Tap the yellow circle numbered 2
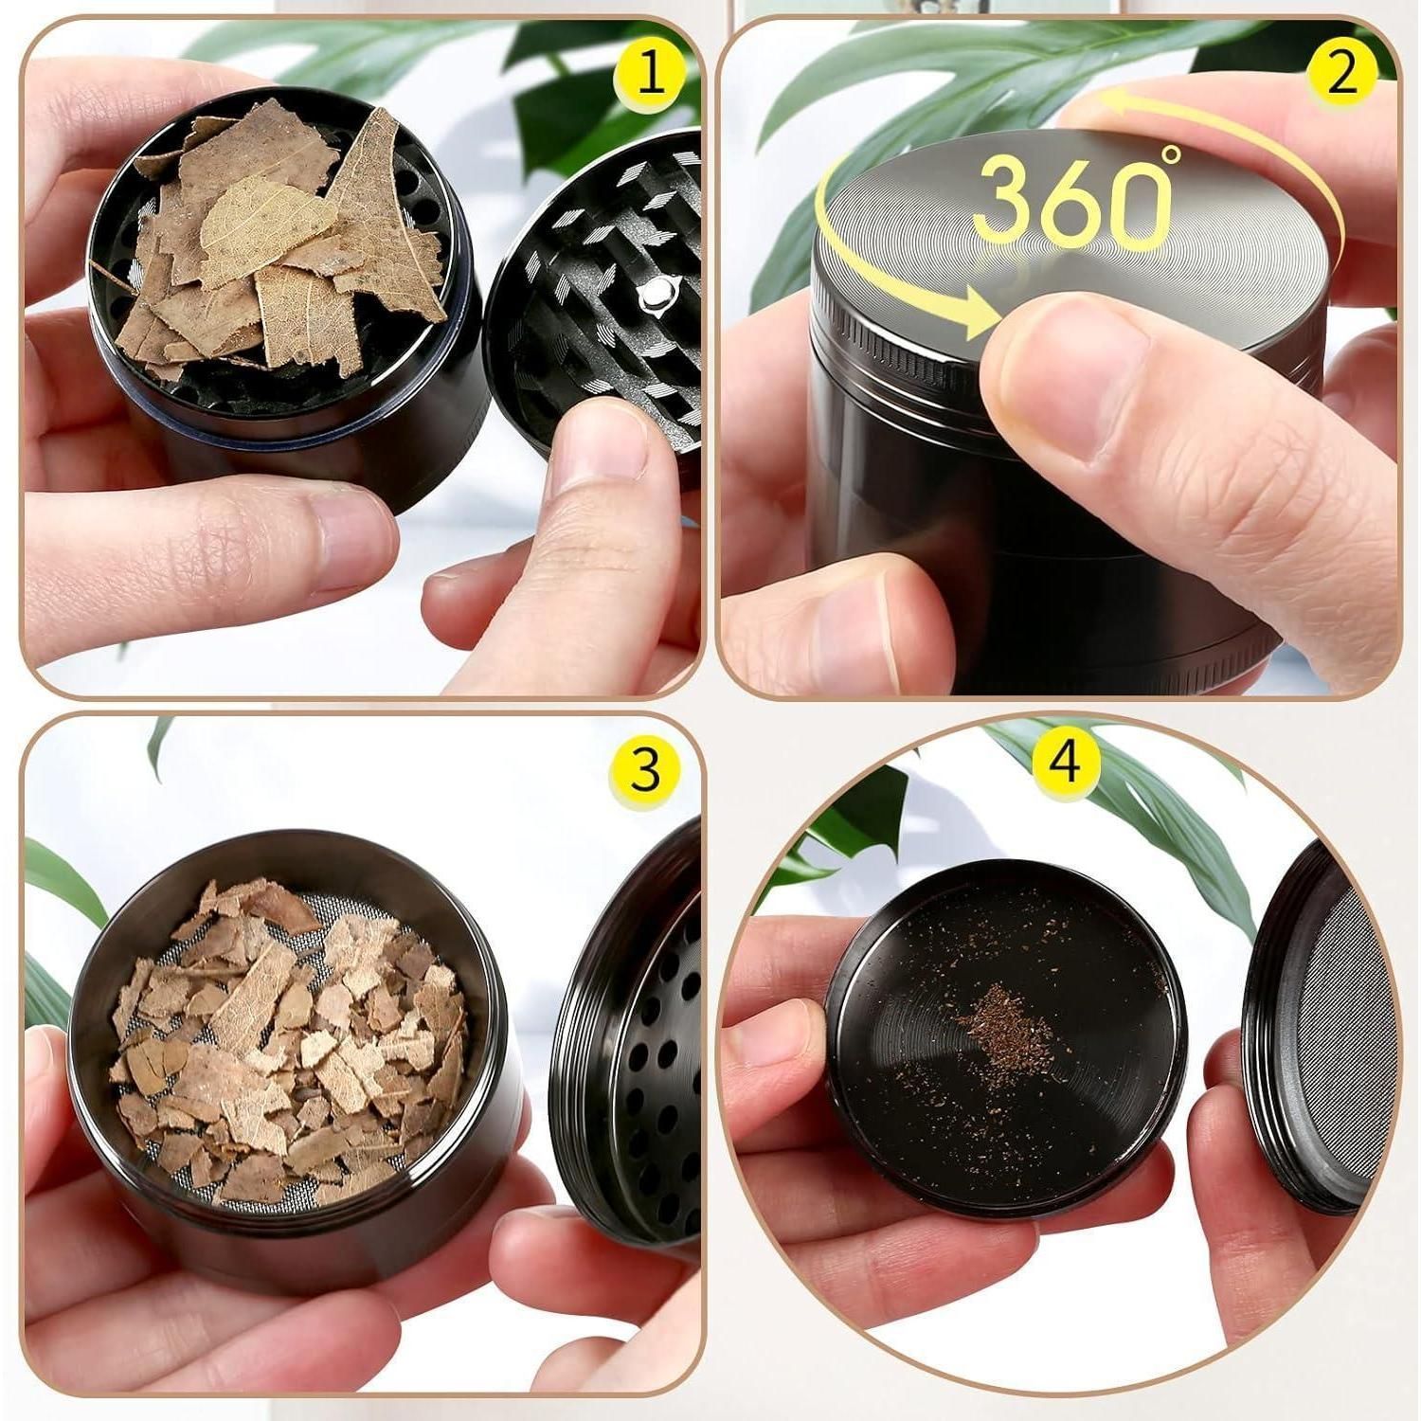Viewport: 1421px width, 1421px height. click(x=1340, y=75)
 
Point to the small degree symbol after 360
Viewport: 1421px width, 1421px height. click(x=1172, y=153)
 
